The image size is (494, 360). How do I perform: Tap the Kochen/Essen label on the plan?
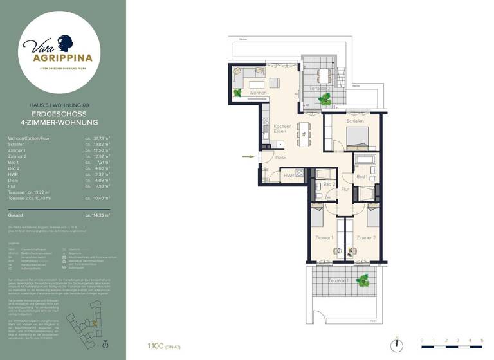pyautogui.click(x=280, y=129)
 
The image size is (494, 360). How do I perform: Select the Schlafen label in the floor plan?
pyautogui.click(x=355, y=121)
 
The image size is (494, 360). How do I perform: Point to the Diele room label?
pyautogui.click(x=280, y=157)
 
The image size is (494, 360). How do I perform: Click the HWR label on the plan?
pyautogui.click(x=289, y=175)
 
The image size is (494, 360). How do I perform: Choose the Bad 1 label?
pyautogui.click(x=361, y=176)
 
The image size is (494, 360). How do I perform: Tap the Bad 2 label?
pyautogui.click(x=329, y=184)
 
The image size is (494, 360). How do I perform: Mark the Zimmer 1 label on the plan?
pyautogui.click(x=324, y=237)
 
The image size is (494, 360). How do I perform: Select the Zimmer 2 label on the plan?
pyautogui.click(x=366, y=237)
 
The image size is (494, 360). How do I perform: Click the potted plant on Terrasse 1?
pyautogui.click(x=363, y=280)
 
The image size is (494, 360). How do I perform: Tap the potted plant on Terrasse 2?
pyautogui.click(x=326, y=98)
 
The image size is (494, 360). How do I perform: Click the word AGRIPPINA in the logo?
pyautogui.click(x=63, y=57)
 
